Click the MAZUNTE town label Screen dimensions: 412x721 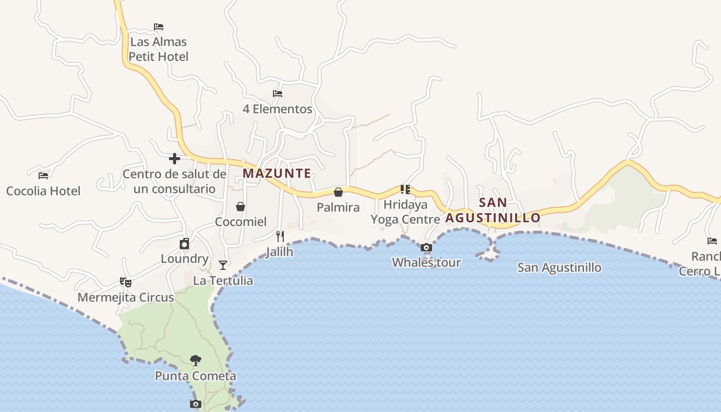[x=277, y=174]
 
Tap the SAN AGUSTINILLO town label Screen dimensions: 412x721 [x=493, y=210]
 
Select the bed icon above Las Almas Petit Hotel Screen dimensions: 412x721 [x=159, y=26]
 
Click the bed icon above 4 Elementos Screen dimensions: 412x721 [x=278, y=94]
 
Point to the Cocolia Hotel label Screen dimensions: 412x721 [x=43, y=191]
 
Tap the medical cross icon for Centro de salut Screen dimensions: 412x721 [x=175, y=159]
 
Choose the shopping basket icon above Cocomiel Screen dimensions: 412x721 [x=240, y=207]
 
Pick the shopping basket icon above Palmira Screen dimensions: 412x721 [x=338, y=192]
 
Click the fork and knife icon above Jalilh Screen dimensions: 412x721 [x=280, y=236]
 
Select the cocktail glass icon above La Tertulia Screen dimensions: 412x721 [x=223, y=265]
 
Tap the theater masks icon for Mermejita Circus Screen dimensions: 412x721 [x=126, y=282]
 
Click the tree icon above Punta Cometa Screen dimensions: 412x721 [x=195, y=360]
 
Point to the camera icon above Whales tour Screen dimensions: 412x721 [x=426, y=248]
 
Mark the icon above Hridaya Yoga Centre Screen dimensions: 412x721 [x=405, y=189]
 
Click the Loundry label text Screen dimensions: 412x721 [x=184, y=259]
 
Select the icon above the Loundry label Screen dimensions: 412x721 [x=184, y=244]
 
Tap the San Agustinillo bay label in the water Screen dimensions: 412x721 [x=559, y=268]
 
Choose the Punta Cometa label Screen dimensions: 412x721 [x=196, y=376]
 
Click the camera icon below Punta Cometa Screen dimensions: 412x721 [x=195, y=404]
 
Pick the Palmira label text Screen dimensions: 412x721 [x=338, y=208]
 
